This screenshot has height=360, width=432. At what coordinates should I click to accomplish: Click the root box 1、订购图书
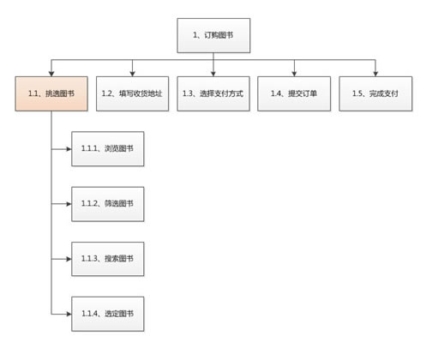(213, 35)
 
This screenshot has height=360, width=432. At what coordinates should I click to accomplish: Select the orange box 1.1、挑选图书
(51, 93)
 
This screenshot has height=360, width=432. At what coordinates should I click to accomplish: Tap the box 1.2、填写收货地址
(132, 93)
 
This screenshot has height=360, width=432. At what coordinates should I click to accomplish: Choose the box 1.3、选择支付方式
(213, 93)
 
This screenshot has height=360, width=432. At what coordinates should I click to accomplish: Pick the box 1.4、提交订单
(294, 93)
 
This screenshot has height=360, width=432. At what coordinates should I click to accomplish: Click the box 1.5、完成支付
(375, 93)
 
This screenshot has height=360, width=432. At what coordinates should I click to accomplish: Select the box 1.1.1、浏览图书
(108, 149)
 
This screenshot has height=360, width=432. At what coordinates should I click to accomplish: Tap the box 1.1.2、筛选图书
(108, 204)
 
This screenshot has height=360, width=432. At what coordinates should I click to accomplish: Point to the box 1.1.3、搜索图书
(108, 259)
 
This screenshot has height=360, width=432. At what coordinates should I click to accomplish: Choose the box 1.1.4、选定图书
(108, 314)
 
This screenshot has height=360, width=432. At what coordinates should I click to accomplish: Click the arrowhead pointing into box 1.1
(51, 74)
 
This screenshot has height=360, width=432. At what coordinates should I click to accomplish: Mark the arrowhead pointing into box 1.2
(132, 74)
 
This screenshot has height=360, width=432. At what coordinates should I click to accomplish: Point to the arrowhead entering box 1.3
(213, 74)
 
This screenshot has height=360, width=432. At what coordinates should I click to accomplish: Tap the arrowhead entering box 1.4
(294, 74)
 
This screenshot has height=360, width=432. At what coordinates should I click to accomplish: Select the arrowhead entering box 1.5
(375, 74)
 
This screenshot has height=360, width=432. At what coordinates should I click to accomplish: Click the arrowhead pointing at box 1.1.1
(69, 149)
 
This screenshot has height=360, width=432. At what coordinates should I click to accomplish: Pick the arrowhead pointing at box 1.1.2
(69, 204)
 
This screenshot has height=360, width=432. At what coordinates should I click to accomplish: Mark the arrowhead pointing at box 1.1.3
(69, 259)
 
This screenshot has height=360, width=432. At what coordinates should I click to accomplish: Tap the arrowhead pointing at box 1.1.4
(69, 314)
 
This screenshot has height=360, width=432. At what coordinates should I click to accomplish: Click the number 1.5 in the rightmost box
(357, 93)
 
